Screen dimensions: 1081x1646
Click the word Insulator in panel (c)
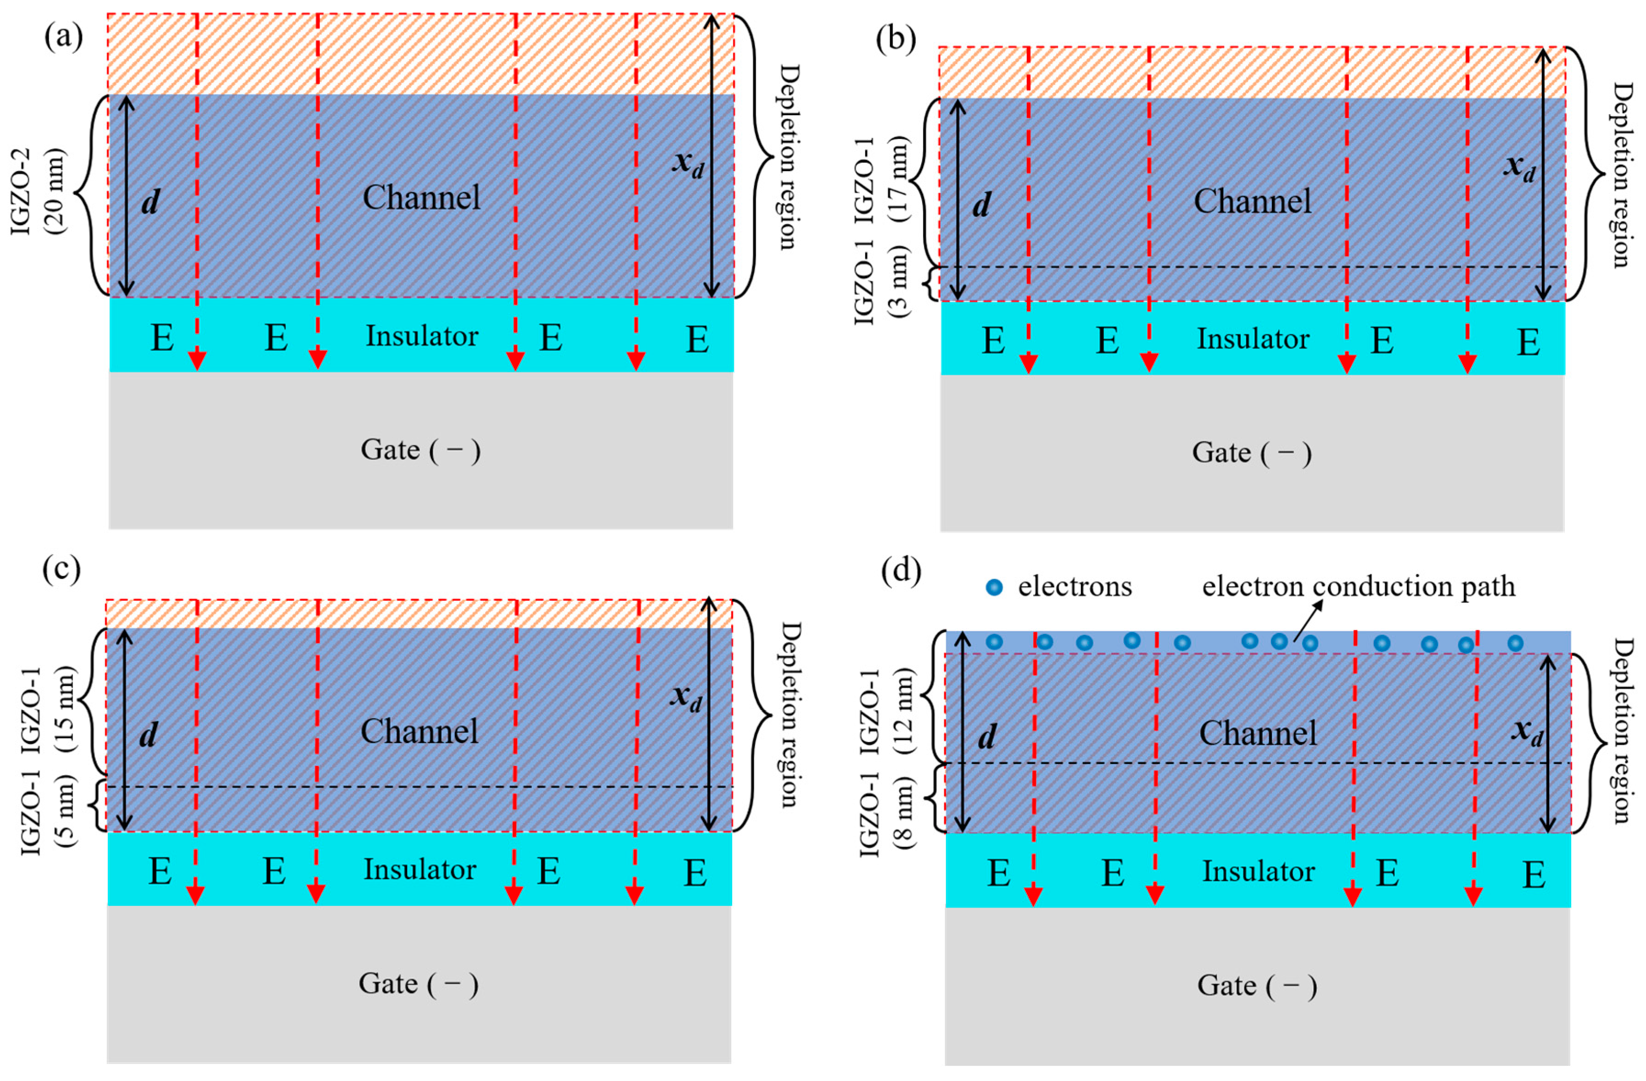tap(420, 870)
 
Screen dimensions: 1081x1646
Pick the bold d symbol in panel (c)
tap(148, 735)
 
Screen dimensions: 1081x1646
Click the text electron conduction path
tap(1358, 586)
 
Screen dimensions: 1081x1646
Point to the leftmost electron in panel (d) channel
tap(994, 642)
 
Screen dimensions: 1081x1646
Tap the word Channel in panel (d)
tap(1257, 733)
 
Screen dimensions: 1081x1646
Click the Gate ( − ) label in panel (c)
tap(418, 984)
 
